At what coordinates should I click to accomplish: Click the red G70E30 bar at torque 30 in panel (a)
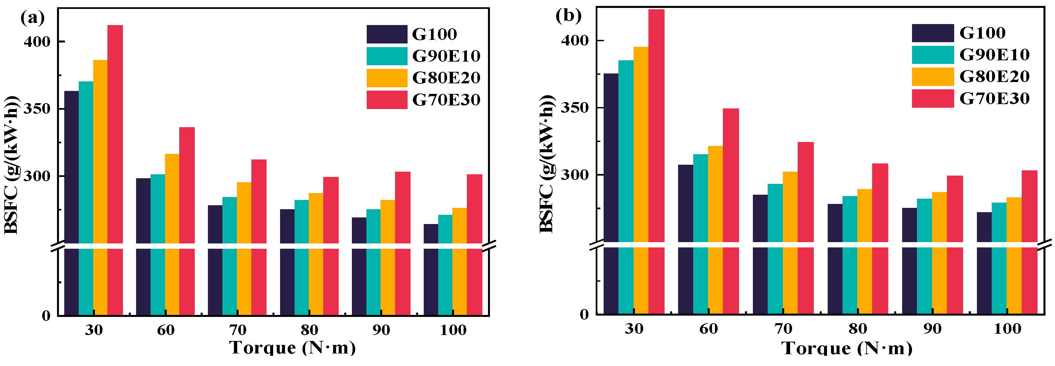[x=115, y=170]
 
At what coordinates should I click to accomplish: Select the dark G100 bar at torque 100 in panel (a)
[x=431, y=269]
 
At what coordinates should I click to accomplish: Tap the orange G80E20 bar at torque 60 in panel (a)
[x=172, y=234]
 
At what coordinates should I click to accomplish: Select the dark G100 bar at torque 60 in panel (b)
[x=686, y=239]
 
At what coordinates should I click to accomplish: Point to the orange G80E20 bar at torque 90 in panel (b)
[x=939, y=253]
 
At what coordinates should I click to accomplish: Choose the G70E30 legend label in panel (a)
[x=446, y=100]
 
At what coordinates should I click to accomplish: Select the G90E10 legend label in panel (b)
[x=994, y=54]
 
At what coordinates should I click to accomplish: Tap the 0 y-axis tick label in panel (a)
[x=46, y=316]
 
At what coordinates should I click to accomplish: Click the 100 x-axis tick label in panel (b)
[x=1008, y=328]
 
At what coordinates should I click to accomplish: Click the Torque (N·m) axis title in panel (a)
[x=293, y=347]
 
